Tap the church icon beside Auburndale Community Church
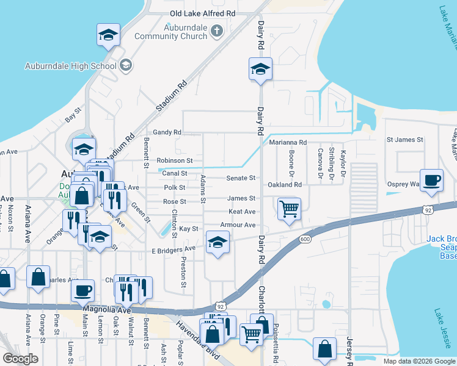[x=216, y=31]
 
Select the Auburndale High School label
[x=70, y=66]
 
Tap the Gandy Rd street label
[x=167, y=132]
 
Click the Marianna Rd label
[x=288, y=142]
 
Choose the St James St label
[x=404, y=140]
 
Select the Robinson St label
[x=175, y=160]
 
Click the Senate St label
[x=241, y=178]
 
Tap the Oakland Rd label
[x=285, y=184]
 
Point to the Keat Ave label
[x=241, y=212]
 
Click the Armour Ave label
[x=238, y=225]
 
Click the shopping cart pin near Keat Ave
[x=288, y=209]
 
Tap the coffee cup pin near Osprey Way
[x=431, y=180]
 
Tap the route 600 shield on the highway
[x=305, y=239]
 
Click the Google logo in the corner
[x=20, y=359]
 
